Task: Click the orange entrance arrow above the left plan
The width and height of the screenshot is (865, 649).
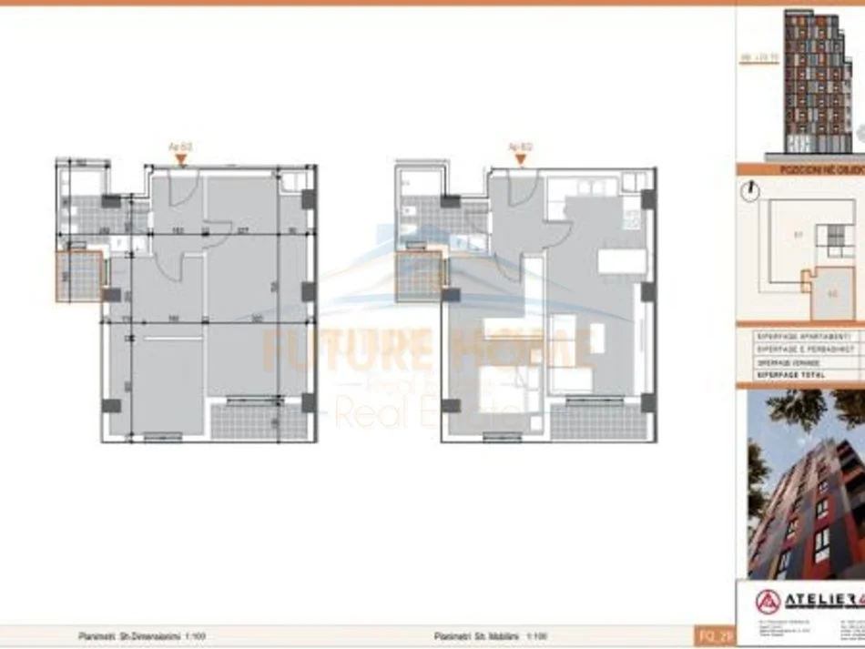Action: (181, 159)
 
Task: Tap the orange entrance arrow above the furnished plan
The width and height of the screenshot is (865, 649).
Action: (520, 159)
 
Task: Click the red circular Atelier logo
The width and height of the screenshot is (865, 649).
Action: (767, 602)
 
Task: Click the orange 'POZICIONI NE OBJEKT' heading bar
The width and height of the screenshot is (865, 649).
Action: (801, 169)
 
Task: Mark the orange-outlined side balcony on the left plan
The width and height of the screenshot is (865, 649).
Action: (79, 276)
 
